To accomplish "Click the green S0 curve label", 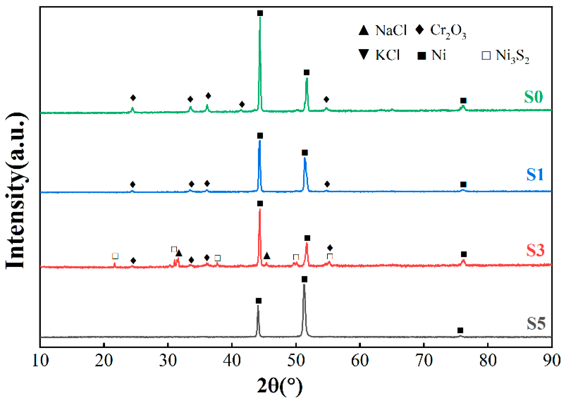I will click(x=533, y=97).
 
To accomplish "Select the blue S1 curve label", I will click(x=535, y=174).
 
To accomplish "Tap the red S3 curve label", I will click(x=535, y=250).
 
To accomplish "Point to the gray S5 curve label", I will click(x=536, y=323).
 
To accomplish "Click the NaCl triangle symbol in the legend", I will click(x=363, y=31).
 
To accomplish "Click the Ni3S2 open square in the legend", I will click(x=486, y=56).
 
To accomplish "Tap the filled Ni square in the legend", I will click(x=422, y=56).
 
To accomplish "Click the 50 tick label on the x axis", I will click(x=296, y=361).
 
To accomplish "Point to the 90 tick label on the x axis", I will click(x=552, y=361).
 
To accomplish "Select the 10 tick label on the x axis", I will click(x=40, y=361).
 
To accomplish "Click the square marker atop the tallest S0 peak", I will click(x=260, y=13).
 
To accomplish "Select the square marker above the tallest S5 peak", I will click(x=304, y=279).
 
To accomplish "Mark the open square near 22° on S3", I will click(x=115, y=256).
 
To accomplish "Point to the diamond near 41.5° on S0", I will click(x=242, y=104).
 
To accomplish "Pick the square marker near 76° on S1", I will click(x=463, y=184).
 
